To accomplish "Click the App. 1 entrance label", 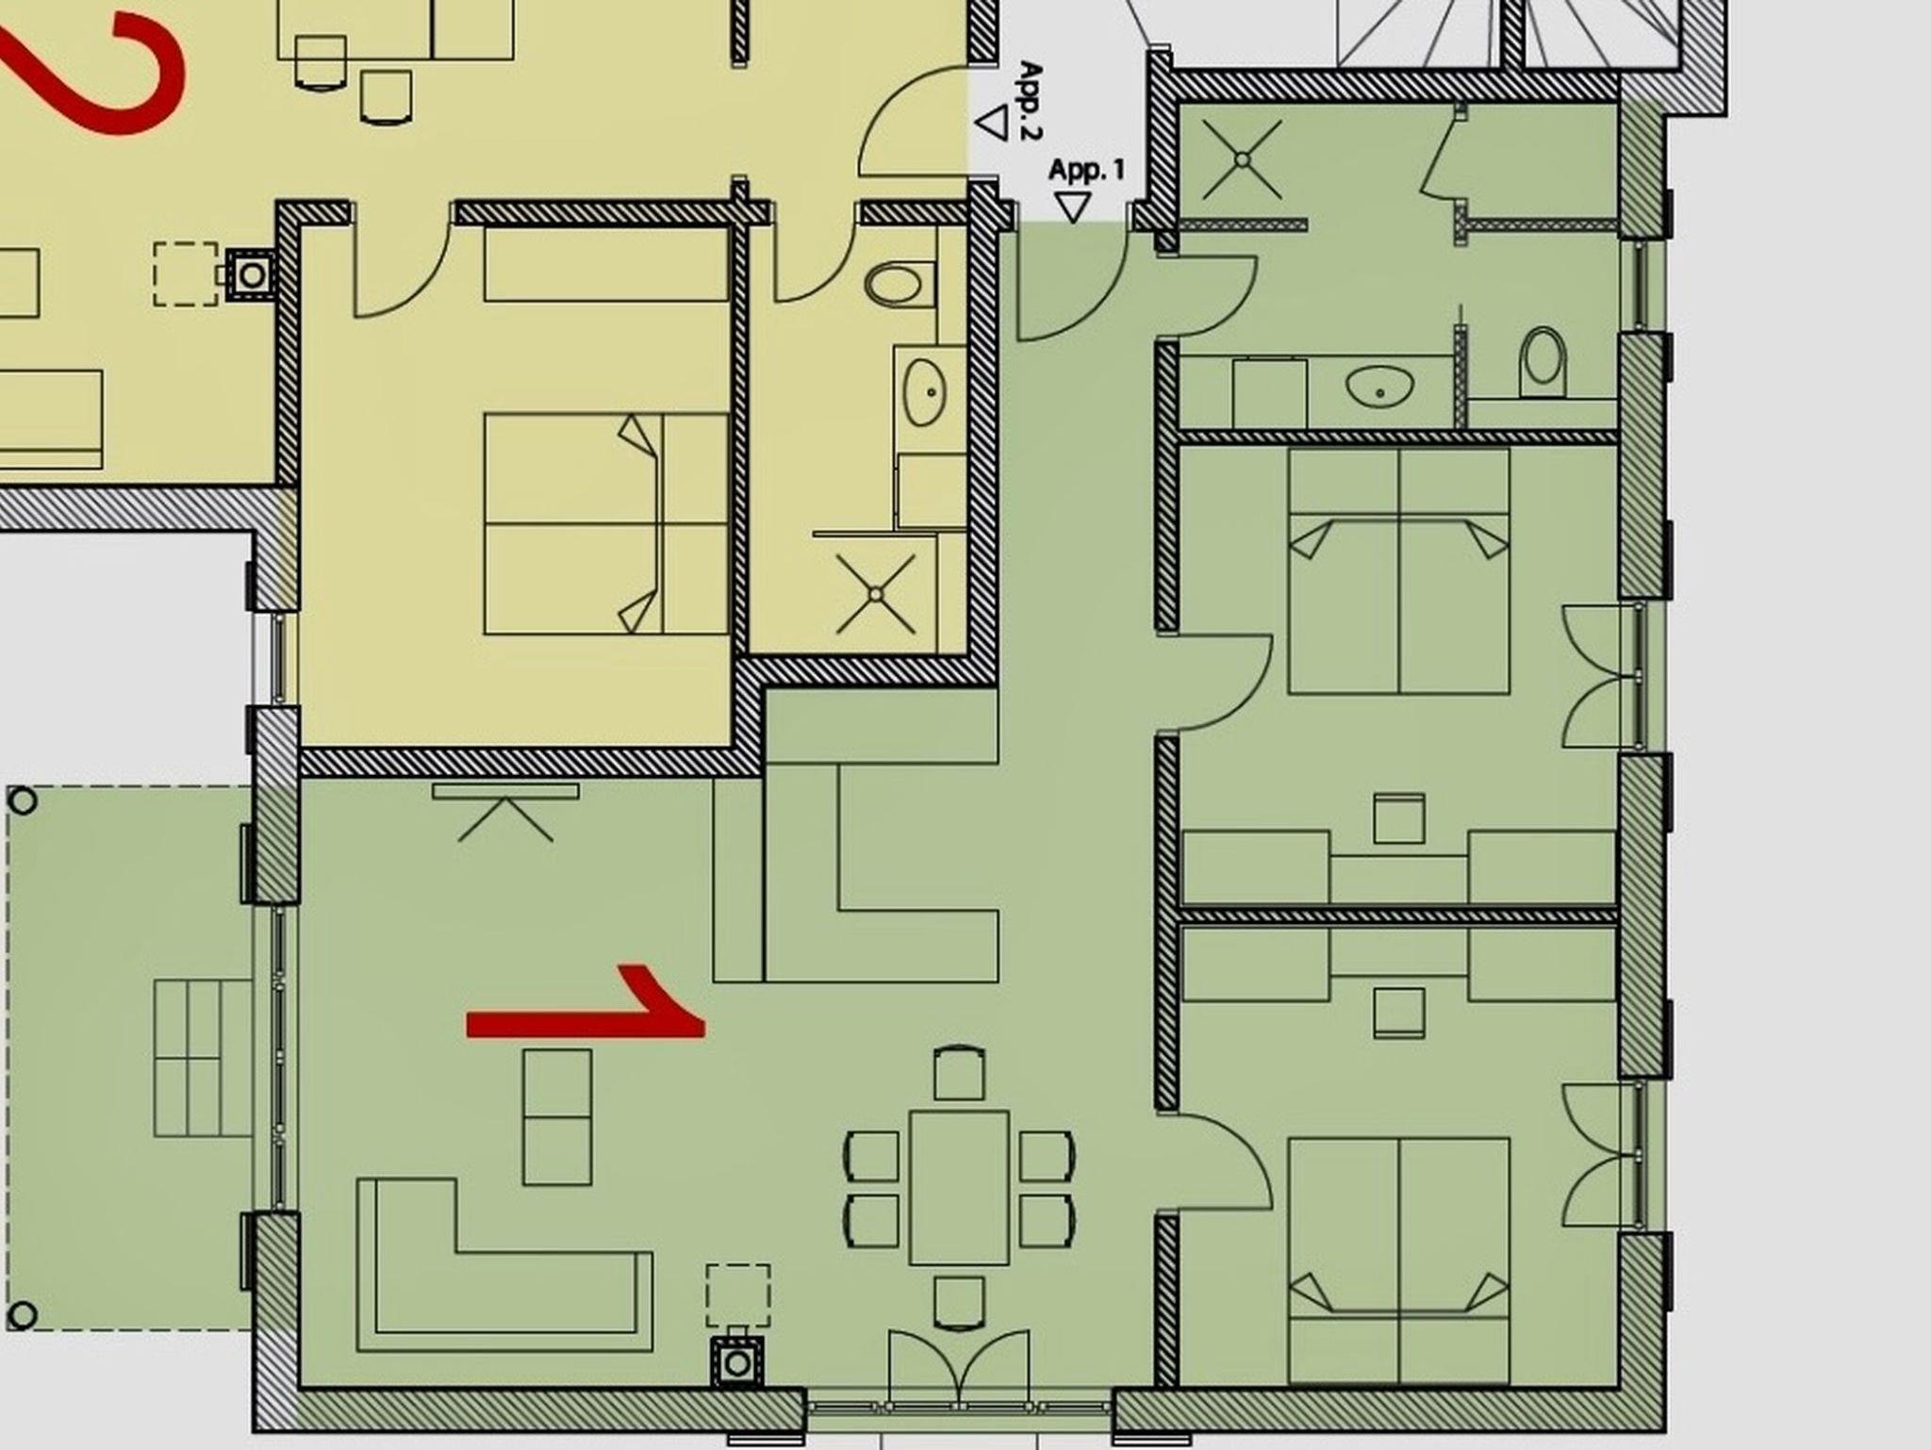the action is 1086,171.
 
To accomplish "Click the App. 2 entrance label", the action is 1031,101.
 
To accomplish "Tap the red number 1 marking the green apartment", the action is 586,1001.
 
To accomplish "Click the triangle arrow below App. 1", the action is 1072,207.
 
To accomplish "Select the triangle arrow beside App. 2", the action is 992,123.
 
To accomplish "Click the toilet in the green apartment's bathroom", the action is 1543,362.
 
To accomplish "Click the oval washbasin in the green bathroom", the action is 1380,386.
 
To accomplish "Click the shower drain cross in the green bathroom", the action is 1242,160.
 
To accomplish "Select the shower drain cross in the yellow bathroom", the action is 876,594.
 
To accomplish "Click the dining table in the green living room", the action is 959,1188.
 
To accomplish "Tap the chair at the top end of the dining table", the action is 959,1073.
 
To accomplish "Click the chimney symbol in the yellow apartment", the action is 252,275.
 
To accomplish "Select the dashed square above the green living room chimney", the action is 738,1296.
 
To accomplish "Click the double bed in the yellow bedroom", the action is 606,523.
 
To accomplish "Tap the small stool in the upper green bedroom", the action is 1398,818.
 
